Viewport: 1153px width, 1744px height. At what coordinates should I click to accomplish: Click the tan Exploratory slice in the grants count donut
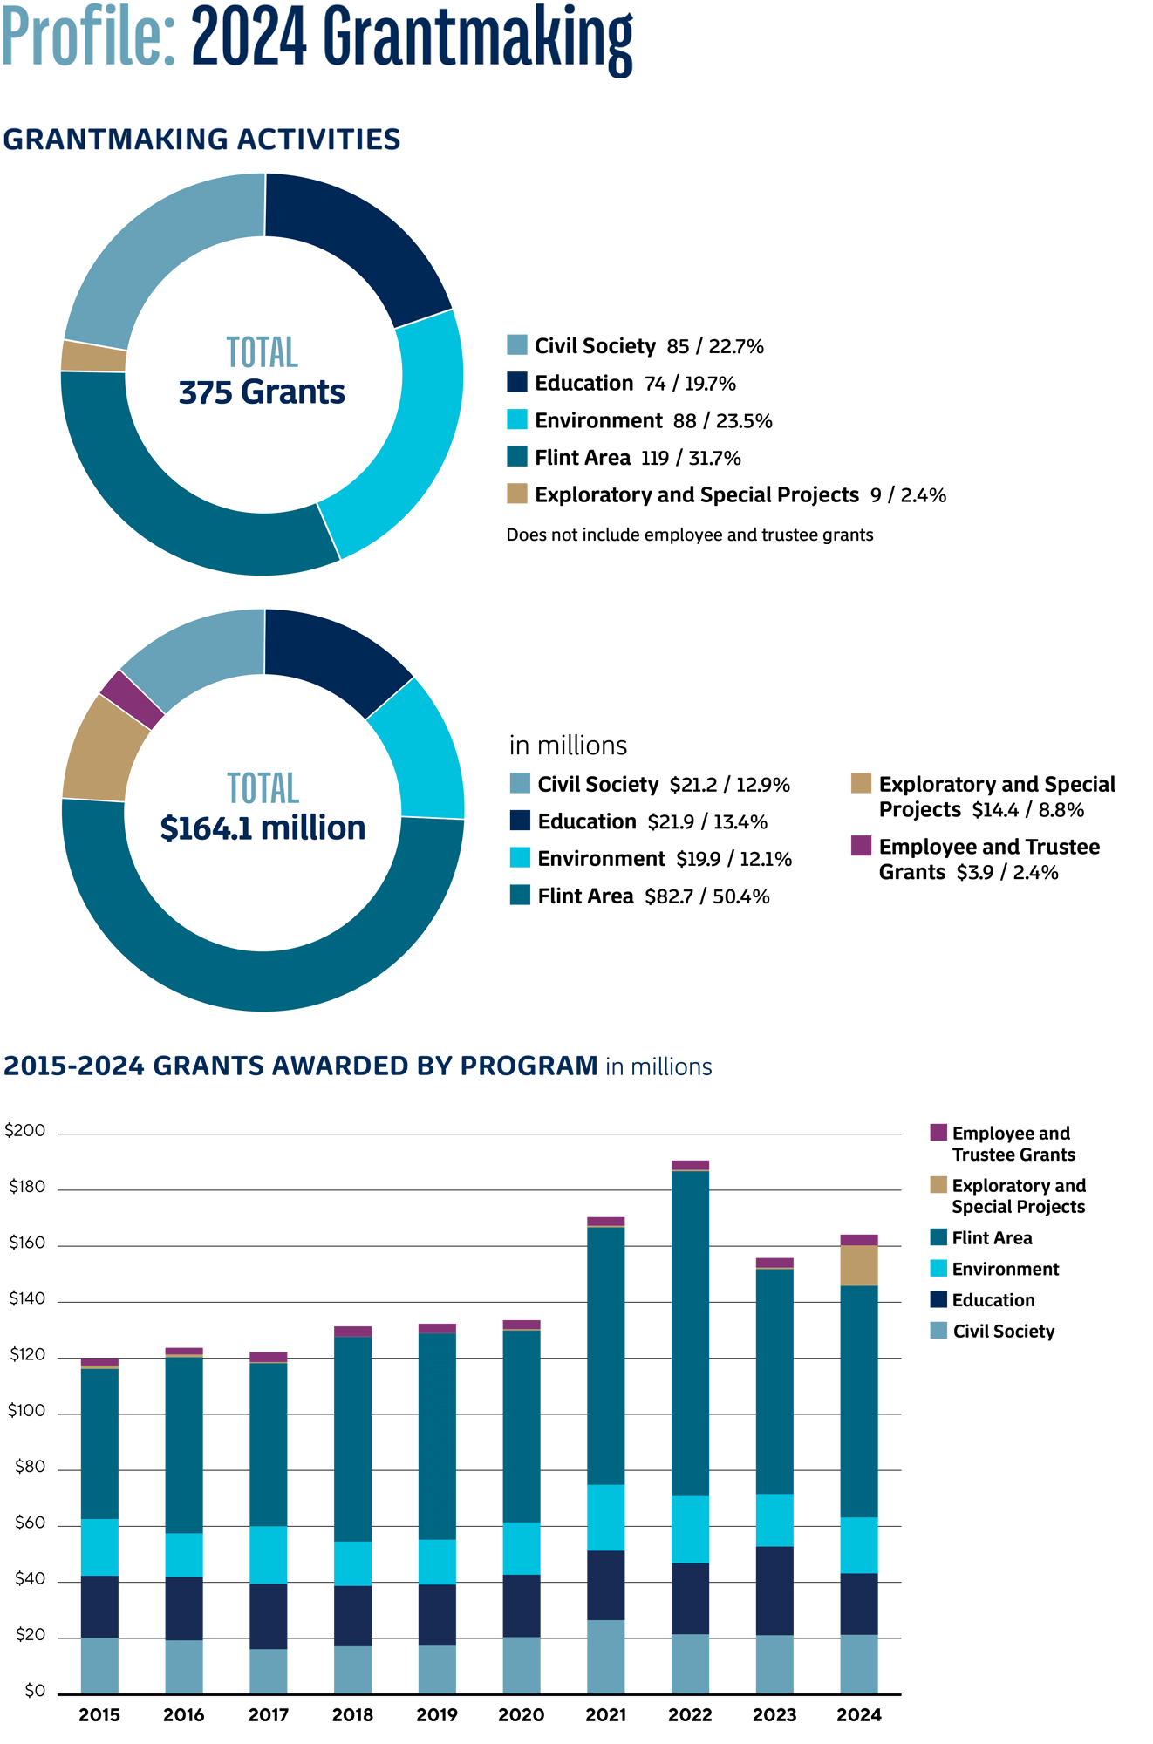93,356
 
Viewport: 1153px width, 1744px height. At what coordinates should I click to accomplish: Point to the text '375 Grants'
262,392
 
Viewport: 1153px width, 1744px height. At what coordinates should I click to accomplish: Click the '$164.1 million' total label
263,828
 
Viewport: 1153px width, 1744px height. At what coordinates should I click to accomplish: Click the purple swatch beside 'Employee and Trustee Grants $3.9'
861,846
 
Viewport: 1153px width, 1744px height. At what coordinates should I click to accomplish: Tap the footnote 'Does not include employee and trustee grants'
689,535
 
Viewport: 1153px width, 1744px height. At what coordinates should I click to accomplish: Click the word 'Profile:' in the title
87,39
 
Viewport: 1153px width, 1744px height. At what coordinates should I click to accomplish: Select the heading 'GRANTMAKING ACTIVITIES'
201,140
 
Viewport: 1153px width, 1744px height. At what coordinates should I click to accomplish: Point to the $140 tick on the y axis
26,1299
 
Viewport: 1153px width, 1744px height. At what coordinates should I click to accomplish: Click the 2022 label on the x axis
690,1715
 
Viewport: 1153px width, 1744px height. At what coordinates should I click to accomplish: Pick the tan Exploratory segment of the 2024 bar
859,1265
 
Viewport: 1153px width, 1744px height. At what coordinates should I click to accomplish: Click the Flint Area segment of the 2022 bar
690,1334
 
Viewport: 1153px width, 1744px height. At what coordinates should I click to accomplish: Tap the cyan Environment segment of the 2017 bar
268,1555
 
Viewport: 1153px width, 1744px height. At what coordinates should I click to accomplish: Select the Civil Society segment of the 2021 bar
605,1657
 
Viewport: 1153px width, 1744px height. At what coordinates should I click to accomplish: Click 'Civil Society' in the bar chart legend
1003,1332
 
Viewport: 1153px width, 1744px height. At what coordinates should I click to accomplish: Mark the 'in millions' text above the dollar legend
568,746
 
